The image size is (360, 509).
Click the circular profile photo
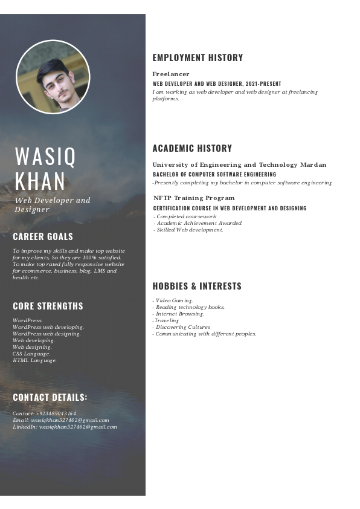point(53,77)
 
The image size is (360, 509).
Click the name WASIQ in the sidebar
point(46,157)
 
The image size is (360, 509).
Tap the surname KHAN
point(40,181)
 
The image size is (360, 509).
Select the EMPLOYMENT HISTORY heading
point(198,58)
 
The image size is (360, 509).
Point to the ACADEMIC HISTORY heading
point(192,148)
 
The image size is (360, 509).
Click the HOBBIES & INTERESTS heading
point(197,286)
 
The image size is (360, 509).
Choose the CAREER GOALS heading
point(43,236)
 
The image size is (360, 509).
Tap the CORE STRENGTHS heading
point(48,306)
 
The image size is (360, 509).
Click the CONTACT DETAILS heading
point(50,397)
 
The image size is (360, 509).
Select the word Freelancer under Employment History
point(171,74)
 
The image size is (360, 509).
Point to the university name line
point(239,164)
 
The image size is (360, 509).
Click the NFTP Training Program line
point(194,198)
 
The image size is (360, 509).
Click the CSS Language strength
point(31,354)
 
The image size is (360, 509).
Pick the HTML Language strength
point(34,360)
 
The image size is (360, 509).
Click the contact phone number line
point(44,413)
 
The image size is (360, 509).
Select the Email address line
point(60,420)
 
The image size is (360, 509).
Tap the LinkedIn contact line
point(65,427)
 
